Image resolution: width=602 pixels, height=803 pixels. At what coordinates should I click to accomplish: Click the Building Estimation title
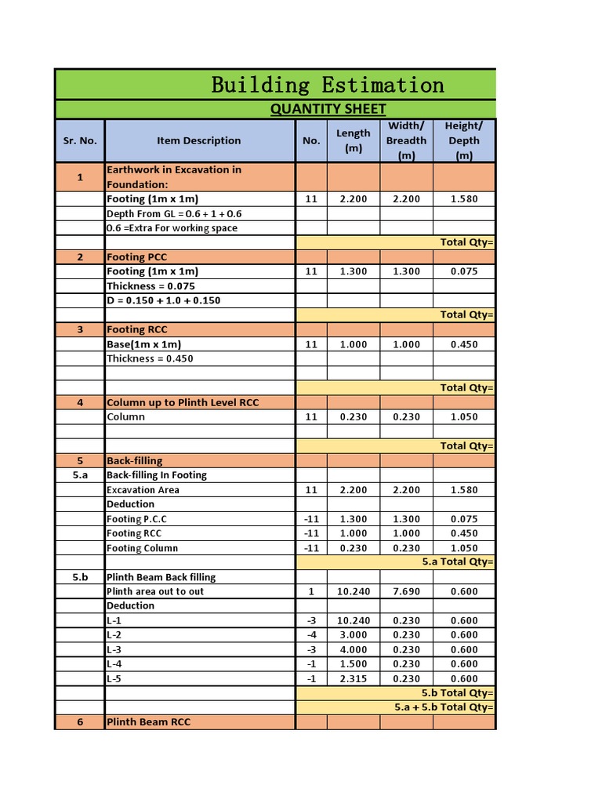click(x=328, y=85)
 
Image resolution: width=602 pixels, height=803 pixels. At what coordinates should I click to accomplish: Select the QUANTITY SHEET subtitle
click(x=328, y=109)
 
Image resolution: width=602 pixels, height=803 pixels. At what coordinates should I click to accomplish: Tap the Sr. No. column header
click(x=80, y=140)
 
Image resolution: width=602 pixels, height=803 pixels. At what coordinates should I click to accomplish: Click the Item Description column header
click(x=199, y=140)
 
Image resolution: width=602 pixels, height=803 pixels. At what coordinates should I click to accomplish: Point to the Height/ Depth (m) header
click(x=464, y=140)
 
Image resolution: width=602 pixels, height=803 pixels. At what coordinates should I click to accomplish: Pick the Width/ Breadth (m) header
click(x=406, y=140)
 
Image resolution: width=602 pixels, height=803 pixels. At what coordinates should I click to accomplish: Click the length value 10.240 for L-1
click(x=353, y=620)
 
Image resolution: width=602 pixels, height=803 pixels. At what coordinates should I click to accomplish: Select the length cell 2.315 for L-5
click(x=353, y=679)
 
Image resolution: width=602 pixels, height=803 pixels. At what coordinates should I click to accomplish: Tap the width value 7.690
click(x=406, y=591)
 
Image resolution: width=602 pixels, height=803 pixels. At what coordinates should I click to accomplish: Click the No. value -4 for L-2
click(x=311, y=635)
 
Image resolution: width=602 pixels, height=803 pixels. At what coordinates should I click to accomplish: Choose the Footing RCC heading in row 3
click(x=137, y=329)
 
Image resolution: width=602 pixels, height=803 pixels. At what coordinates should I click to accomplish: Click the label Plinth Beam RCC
click(x=149, y=722)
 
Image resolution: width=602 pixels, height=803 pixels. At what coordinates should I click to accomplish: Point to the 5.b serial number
click(x=80, y=577)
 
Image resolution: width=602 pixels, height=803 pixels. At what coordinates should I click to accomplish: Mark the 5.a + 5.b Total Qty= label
click(x=444, y=707)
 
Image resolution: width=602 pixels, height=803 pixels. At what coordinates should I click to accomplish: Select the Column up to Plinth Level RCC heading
click(x=183, y=402)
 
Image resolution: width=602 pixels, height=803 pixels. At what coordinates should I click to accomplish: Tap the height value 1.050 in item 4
click(x=464, y=417)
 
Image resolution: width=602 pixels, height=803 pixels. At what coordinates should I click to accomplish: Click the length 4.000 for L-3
click(x=353, y=649)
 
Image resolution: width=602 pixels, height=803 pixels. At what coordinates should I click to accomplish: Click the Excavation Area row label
click(x=143, y=490)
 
